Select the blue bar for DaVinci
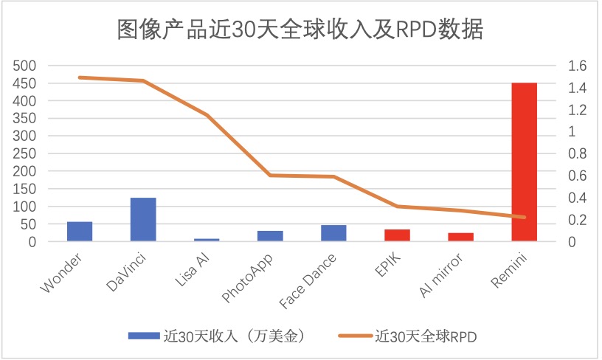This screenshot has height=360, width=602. click(x=143, y=219)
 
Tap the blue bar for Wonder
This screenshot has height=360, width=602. click(x=80, y=231)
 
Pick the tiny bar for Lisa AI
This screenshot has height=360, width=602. click(x=207, y=239)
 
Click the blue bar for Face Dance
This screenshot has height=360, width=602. click(x=333, y=233)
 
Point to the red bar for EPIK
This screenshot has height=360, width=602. click(x=397, y=235)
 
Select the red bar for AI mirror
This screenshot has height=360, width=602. click(x=460, y=237)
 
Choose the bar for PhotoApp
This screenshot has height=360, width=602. click(x=270, y=236)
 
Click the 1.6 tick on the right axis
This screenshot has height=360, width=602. click(x=577, y=66)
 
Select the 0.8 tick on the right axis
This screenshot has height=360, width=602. click(x=577, y=153)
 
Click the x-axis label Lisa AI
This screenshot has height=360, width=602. click(x=193, y=271)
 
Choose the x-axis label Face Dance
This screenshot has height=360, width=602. click(x=310, y=280)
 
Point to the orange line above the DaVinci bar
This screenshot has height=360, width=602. click(x=143, y=80)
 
